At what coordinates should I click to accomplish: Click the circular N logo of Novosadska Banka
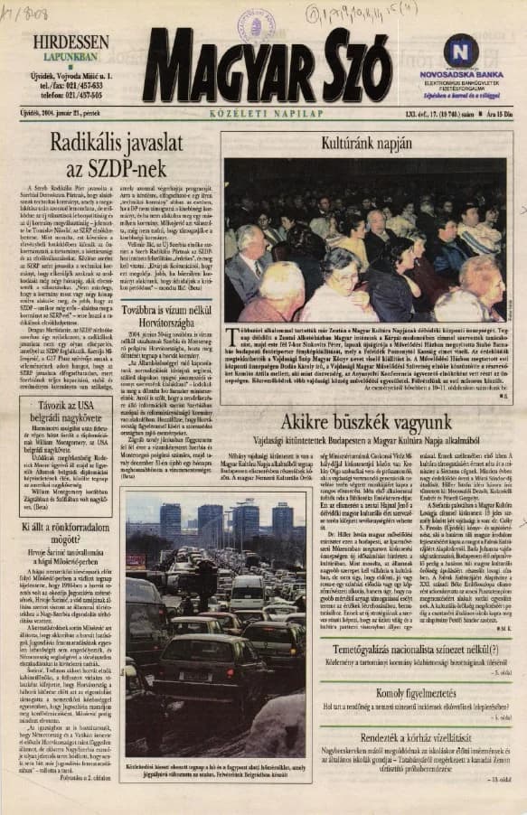click(x=461, y=51)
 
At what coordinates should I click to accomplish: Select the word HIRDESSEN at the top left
click(x=71, y=42)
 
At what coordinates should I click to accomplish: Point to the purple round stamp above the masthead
click(x=256, y=23)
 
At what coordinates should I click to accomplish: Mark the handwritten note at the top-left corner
click(x=24, y=13)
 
